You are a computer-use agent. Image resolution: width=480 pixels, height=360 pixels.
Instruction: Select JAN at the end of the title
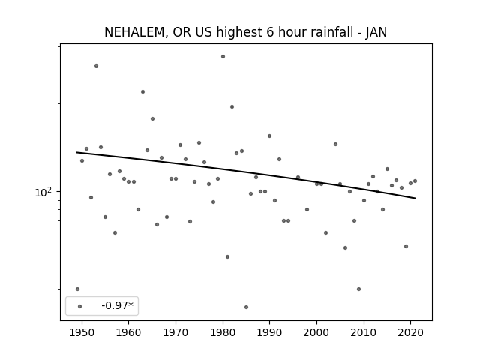(x=376, y=32)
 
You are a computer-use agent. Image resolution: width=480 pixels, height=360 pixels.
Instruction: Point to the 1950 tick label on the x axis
(x=82, y=332)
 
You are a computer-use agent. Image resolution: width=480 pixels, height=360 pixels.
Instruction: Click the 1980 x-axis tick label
(x=223, y=332)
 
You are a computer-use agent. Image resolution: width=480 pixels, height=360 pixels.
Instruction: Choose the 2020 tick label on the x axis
(x=410, y=332)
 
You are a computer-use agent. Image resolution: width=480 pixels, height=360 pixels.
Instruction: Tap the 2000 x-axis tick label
(x=316, y=332)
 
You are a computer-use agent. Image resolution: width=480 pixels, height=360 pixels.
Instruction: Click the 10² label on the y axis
(x=43, y=192)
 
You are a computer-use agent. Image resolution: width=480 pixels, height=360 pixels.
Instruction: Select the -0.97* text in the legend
(x=118, y=305)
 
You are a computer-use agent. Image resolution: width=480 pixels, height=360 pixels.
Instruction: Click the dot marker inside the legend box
(x=80, y=306)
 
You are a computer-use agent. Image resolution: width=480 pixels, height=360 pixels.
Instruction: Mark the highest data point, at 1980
(x=223, y=57)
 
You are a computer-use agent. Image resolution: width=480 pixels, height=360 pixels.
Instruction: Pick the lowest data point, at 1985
(x=247, y=307)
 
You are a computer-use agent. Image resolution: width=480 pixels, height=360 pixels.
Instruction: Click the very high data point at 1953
(x=97, y=65)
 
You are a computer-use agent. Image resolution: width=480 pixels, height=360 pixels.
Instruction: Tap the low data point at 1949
(x=77, y=289)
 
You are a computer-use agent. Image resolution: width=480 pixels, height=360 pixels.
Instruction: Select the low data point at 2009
(x=358, y=289)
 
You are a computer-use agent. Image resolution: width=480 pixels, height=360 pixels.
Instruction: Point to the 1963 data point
(x=142, y=91)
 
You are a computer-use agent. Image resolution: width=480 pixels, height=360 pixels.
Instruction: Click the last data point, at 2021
(x=415, y=181)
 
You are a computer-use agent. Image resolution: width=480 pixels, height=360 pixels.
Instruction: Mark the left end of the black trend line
(x=76, y=152)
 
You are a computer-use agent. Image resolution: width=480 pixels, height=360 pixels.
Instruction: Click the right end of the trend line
(x=415, y=198)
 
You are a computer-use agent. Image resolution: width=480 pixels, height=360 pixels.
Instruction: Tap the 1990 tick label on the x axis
(x=270, y=332)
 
